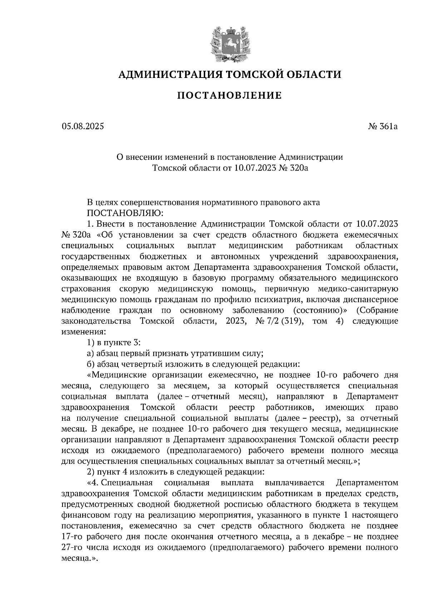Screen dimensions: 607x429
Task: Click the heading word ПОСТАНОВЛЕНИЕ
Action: point(230,95)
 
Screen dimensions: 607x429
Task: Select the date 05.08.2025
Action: point(83,126)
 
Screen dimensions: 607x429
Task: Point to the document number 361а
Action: point(388,126)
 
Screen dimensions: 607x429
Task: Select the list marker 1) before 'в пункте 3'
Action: point(91,342)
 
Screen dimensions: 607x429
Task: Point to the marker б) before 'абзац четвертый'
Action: point(91,364)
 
